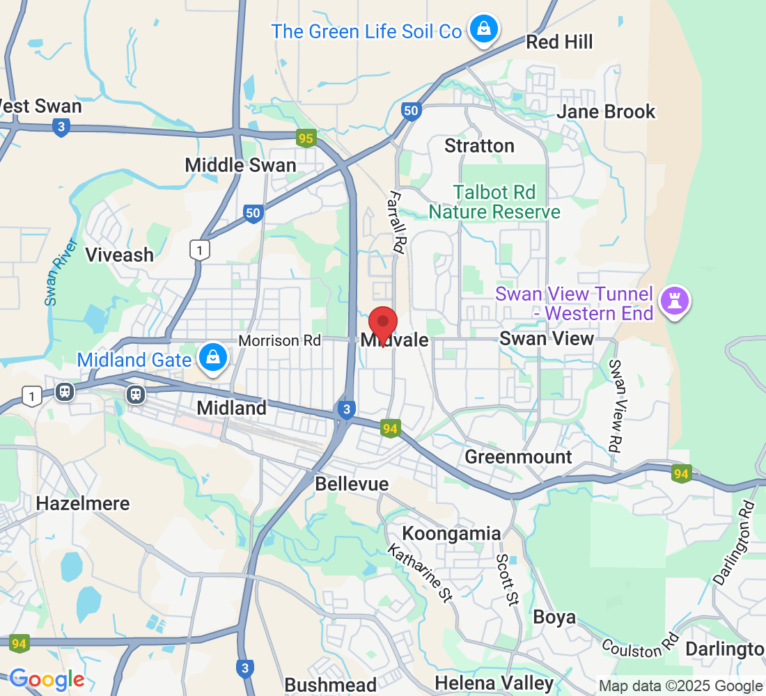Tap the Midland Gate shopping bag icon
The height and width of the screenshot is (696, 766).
click(214, 358)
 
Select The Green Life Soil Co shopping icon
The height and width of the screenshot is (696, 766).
click(482, 29)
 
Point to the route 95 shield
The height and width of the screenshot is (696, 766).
click(306, 139)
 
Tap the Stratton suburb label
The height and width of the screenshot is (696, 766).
click(479, 146)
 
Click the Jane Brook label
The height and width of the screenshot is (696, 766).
click(606, 111)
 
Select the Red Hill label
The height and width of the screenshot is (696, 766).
click(559, 42)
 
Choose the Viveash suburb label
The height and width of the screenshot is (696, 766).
click(119, 255)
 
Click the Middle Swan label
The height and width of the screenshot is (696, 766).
click(240, 165)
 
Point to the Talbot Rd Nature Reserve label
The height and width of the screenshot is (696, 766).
click(494, 202)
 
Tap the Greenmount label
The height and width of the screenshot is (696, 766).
click(518, 457)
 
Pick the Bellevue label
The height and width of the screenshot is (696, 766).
click(352, 484)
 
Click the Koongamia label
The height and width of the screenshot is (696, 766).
click(451, 534)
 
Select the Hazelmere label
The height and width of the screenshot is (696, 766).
click(83, 503)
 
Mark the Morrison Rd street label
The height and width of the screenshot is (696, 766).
click(279, 341)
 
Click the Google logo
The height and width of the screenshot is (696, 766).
click(47, 679)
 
